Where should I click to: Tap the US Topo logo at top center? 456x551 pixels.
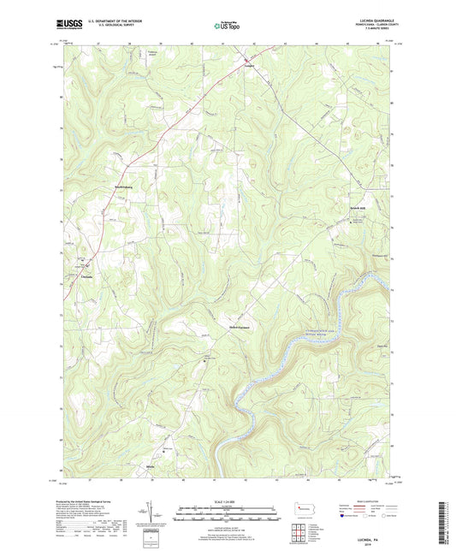(227, 27)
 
